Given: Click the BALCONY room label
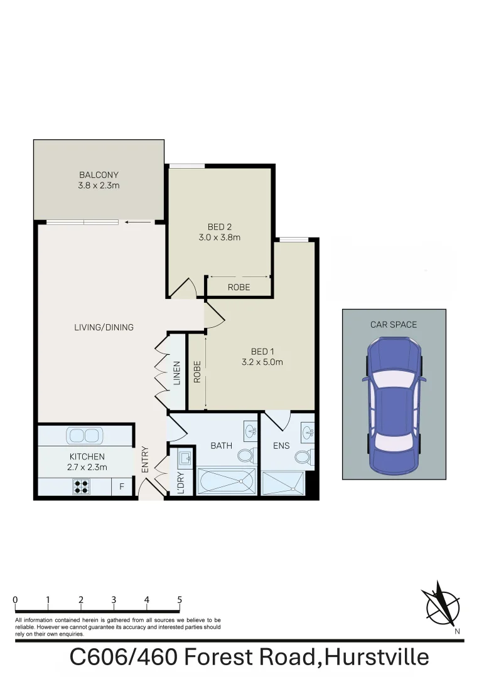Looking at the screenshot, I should pos(99,175).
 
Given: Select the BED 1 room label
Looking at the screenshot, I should pos(262,351).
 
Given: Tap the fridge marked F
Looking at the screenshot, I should pos(122,486).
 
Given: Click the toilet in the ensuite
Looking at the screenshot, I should pos(304,457).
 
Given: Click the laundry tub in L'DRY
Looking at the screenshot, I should pos(185,459).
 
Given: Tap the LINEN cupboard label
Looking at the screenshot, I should pos(177,372).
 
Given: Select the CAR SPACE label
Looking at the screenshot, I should pos(394,324).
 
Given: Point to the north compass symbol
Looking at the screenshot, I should pos(442,605).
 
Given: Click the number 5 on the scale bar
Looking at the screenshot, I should pos(180,600).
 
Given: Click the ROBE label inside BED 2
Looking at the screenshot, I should pos(239,287).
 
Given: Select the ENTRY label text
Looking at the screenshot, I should pos(146,459).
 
